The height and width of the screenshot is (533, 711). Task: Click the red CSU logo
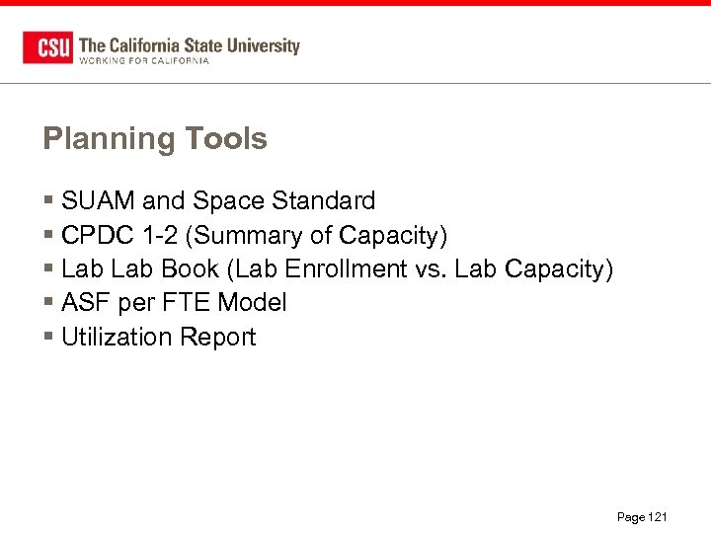tap(47, 47)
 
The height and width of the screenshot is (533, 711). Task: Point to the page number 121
tap(658, 517)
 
